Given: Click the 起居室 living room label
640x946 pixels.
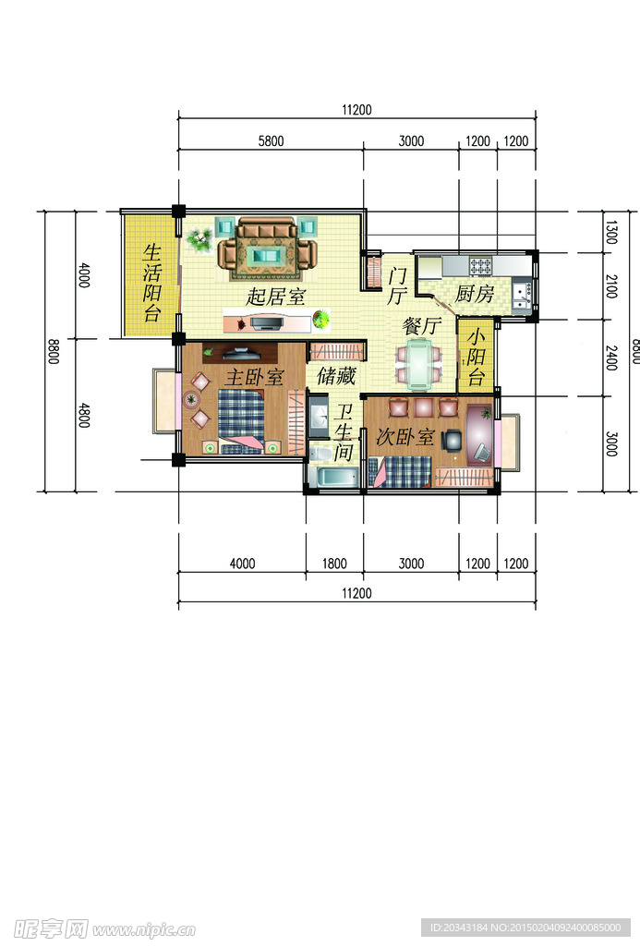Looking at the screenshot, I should [x=276, y=297].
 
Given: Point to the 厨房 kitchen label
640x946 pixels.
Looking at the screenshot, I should [x=475, y=295].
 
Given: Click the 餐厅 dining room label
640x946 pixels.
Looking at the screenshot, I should [x=420, y=326].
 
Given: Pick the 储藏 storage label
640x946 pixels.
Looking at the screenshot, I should [x=336, y=376].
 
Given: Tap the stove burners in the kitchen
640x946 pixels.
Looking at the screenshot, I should [x=482, y=266].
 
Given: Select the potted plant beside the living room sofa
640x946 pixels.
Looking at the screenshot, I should [x=198, y=240].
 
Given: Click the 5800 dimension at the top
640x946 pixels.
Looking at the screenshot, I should [x=271, y=141].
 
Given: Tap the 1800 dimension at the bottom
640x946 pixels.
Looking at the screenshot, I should [x=334, y=564].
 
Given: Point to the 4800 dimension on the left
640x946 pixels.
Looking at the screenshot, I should [x=84, y=415].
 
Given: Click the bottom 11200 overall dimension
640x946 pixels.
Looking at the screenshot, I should [x=356, y=594].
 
